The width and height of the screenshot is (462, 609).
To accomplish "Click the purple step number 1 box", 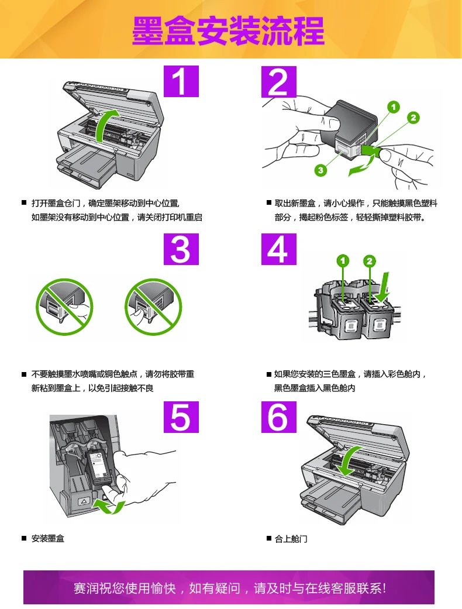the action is click(181, 81).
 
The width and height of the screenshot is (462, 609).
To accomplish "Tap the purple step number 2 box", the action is click(279, 81).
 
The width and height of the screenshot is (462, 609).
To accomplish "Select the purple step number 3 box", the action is click(181, 249).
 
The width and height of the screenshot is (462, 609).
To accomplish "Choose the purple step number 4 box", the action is click(279, 249).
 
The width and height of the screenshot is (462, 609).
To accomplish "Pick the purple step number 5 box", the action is click(181, 417).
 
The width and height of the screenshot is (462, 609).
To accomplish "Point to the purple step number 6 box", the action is click(279, 417).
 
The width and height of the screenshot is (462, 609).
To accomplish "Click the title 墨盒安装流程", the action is click(228, 30).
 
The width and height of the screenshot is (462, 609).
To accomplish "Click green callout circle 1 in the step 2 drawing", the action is click(394, 107).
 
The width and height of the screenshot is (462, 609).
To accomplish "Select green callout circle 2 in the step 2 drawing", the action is click(413, 118).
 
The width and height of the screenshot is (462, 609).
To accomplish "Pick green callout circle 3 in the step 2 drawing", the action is click(320, 170).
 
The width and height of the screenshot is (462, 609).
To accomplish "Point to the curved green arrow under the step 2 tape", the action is click(363, 165).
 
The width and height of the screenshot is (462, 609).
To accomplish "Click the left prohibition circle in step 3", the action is click(64, 307).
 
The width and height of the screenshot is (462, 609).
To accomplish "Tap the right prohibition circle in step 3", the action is click(153, 307).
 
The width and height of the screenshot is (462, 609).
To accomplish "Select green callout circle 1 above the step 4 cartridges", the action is click(343, 260).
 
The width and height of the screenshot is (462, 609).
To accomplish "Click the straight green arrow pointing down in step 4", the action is click(383, 287).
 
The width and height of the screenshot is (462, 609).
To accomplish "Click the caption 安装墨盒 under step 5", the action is click(48, 539).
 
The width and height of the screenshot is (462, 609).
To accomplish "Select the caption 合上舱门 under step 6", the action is click(291, 539).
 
